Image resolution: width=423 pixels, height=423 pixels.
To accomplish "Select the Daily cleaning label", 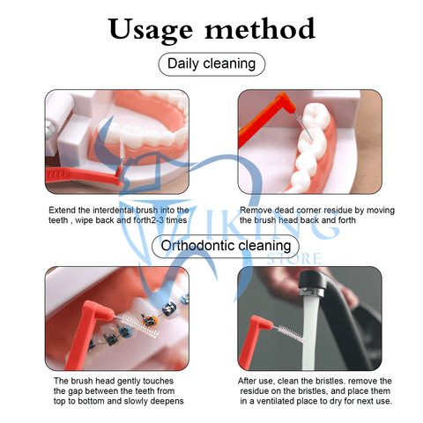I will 211,63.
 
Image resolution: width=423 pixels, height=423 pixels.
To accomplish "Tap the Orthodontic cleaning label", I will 211,246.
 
